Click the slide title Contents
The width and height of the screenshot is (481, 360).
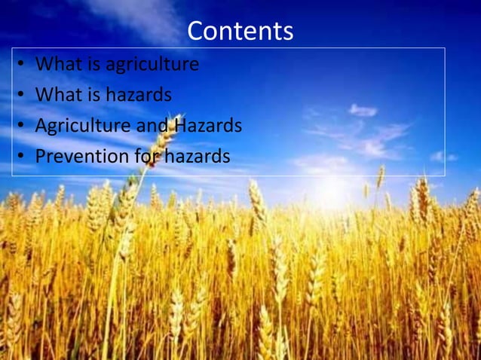click(240, 31)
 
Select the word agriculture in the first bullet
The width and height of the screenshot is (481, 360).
click(152, 65)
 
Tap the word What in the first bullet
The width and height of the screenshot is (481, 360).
click(58, 65)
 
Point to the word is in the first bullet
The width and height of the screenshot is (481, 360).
click(93, 65)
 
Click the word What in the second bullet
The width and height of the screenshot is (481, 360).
click(58, 96)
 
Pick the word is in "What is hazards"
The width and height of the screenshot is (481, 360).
click(93, 96)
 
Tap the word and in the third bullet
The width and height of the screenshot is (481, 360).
click(152, 126)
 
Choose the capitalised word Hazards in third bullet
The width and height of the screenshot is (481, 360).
click(208, 126)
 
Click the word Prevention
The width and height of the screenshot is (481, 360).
click(81, 157)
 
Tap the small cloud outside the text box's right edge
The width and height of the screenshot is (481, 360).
click(457, 157)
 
